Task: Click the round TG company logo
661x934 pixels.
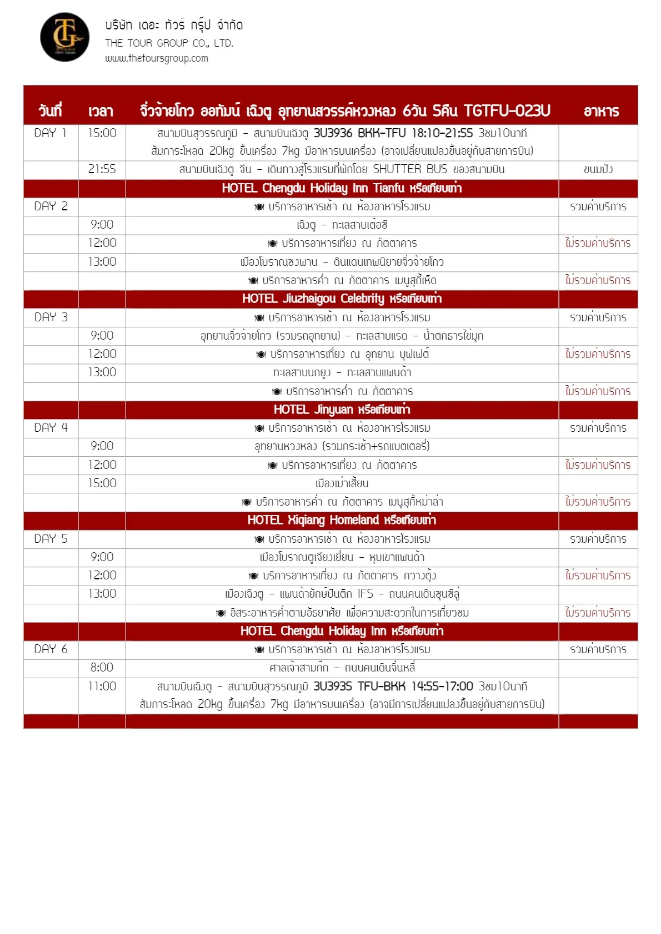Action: [x=64, y=37]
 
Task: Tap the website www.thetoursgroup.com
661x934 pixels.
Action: [x=157, y=58]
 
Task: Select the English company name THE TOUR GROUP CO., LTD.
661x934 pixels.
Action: [x=169, y=43]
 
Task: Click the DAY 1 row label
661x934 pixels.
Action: [x=50, y=133]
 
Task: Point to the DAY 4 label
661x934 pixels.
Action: [x=51, y=428]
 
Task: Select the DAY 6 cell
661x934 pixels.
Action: [x=51, y=649]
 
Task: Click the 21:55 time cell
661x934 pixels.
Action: [x=102, y=169]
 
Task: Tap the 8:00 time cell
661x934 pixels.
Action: [x=102, y=668]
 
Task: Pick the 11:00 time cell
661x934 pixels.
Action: [x=102, y=686]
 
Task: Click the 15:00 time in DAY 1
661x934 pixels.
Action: [x=102, y=133]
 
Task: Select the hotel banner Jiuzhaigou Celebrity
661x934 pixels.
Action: [x=342, y=299]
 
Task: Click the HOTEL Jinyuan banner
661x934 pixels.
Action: [x=342, y=410]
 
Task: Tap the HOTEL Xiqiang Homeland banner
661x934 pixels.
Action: [x=342, y=520]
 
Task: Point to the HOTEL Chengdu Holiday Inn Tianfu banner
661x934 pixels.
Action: [x=342, y=188]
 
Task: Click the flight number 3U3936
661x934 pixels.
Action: [x=333, y=133]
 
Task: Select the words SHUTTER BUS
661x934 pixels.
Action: [x=410, y=169]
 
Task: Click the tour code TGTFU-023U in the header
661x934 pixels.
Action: [x=507, y=111]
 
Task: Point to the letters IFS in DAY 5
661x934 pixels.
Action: [x=365, y=594]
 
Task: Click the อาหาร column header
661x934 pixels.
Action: [x=601, y=111]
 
